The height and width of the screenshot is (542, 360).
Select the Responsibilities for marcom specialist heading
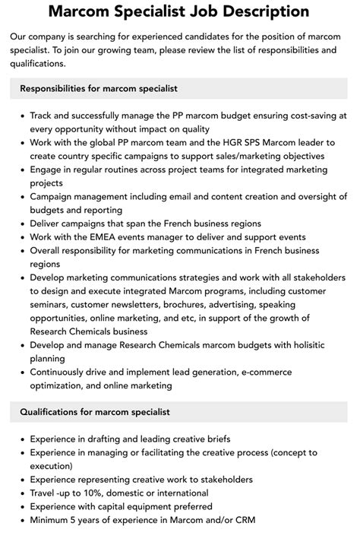pos(99,89)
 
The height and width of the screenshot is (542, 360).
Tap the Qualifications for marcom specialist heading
pos(95,412)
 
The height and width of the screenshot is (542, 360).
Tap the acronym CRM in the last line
pos(244,520)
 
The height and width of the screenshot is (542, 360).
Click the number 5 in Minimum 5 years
pos(78,520)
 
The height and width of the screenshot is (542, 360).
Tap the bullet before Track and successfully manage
pos(21,116)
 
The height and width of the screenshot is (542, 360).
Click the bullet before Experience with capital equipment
pos(21,507)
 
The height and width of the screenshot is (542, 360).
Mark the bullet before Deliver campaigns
pos(21,224)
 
